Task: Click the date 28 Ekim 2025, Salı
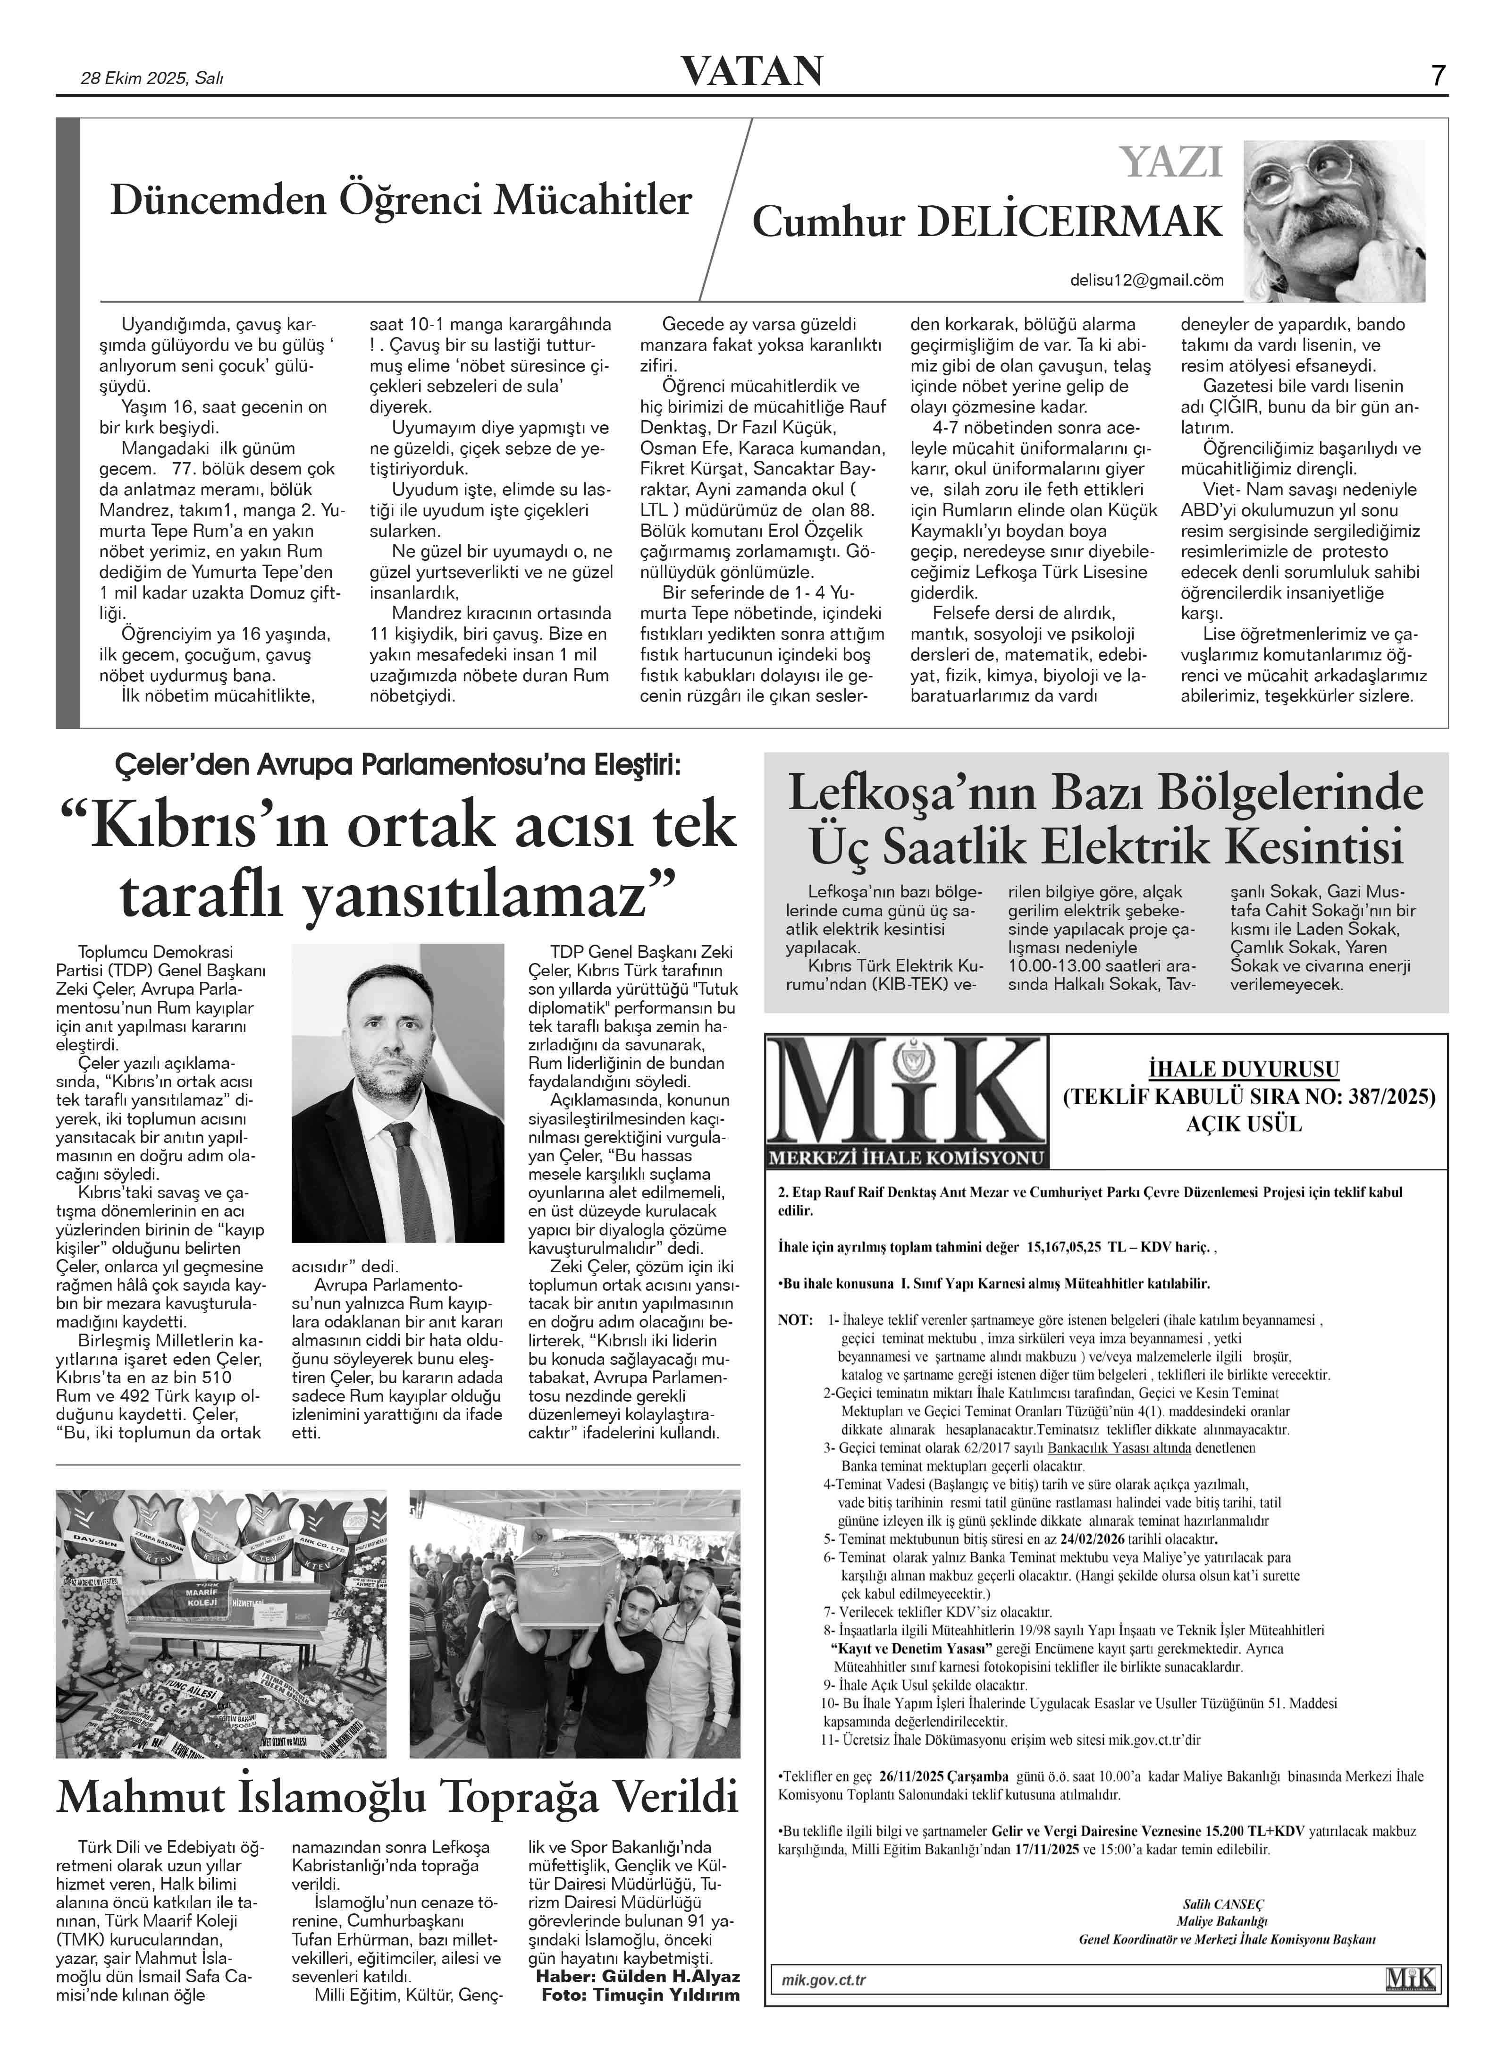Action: click(x=152, y=78)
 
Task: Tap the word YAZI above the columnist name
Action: click(x=1171, y=162)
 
